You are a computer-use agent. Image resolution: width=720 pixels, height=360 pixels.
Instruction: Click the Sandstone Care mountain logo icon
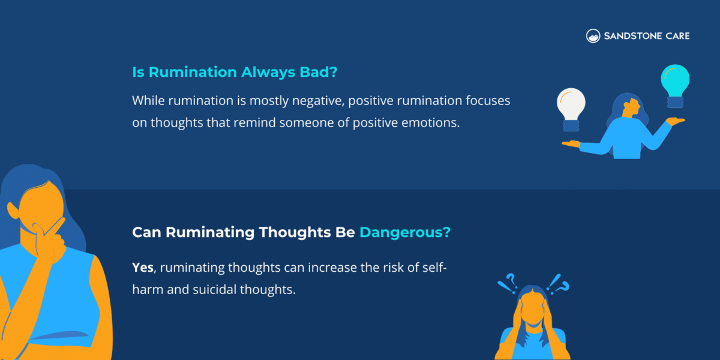(x=593, y=36)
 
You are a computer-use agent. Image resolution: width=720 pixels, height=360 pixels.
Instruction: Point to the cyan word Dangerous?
(x=405, y=232)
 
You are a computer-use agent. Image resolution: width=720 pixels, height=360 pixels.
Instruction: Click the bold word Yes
(x=143, y=268)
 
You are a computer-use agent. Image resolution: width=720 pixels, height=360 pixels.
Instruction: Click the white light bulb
(x=571, y=107)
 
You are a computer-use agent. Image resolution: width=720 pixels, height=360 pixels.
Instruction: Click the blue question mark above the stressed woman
(x=511, y=281)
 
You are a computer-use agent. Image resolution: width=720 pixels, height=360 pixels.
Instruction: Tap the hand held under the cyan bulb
(x=676, y=122)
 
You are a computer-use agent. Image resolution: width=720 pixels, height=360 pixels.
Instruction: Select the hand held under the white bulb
(x=571, y=143)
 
